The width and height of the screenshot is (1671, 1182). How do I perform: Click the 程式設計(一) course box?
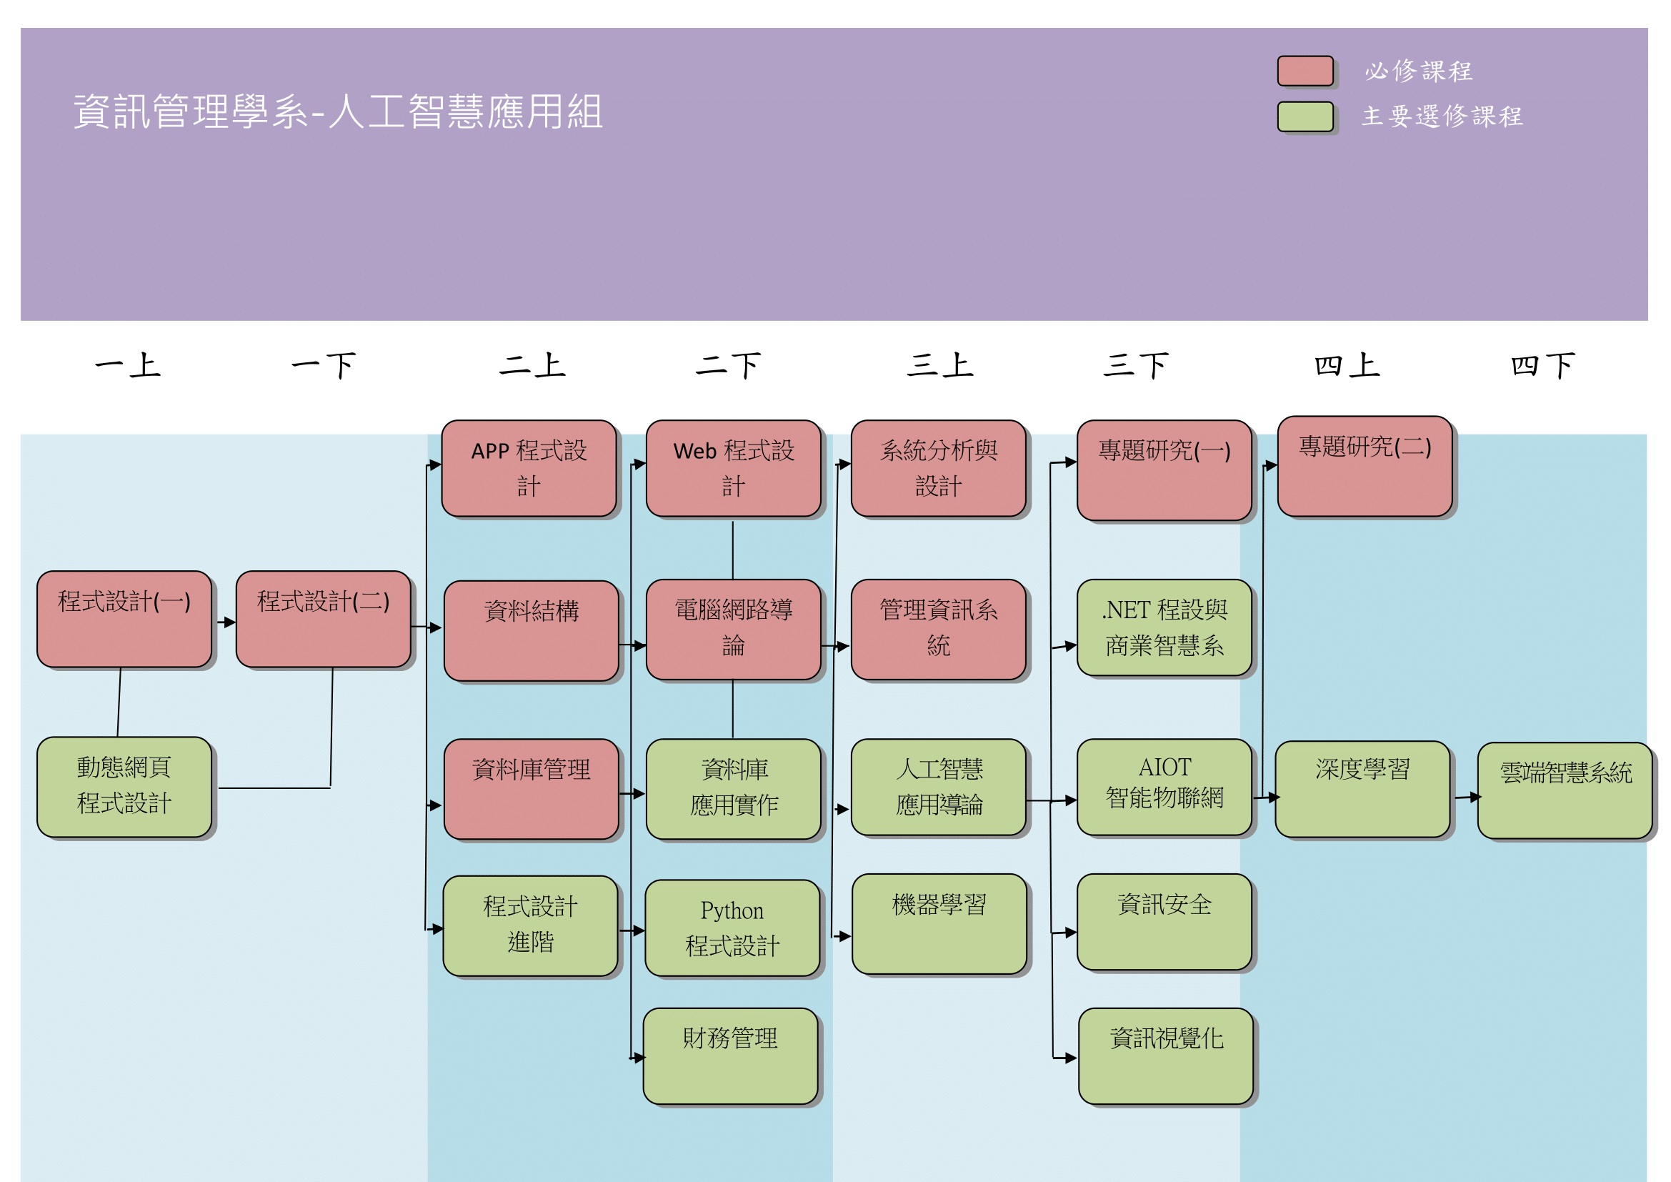click(124, 620)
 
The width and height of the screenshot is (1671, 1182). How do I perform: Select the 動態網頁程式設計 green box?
click(124, 787)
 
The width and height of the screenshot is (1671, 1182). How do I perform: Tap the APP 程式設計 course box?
click(529, 468)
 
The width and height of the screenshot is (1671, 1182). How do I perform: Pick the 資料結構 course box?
click(532, 630)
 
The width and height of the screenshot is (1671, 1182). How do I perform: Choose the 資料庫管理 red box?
click(532, 789)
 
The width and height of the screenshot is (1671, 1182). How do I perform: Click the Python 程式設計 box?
click(732, 928)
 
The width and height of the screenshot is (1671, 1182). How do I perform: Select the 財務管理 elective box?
click(731, 1056)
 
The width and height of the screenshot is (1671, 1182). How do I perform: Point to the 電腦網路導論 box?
click(734, 630)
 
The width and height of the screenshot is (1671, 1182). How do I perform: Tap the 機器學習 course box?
click(939, 923)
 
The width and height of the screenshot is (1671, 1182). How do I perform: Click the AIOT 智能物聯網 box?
click(1164, 787)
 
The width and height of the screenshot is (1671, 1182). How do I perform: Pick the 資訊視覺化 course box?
click(1166, 1056)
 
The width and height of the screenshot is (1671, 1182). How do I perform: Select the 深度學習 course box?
click(1362, 789)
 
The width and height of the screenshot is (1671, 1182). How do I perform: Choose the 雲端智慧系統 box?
click(1565, 790)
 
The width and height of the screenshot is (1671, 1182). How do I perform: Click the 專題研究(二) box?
click(1365, 467)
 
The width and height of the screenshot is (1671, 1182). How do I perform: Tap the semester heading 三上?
click(939, 365)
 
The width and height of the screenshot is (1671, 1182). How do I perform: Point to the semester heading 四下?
click(1543, 365)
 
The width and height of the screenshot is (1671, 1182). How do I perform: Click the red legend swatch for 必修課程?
click(1306, 71)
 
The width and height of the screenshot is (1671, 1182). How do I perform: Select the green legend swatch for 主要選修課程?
click(1306, 116)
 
